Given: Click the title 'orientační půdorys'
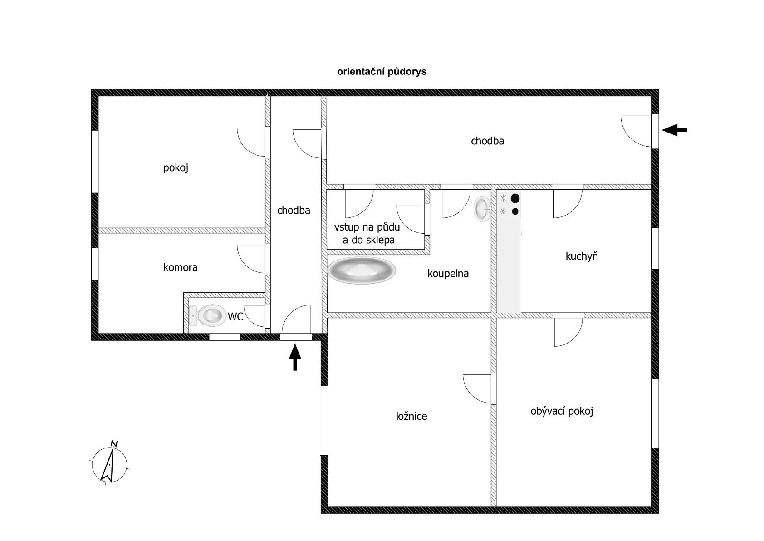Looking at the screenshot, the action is point(382,72).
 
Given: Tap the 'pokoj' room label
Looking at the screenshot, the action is point(176,168).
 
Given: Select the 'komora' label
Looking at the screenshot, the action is point(181,267).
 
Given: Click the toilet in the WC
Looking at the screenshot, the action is point(208,315).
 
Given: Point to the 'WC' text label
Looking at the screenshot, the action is point(235,316).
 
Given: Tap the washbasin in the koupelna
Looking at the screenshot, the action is point(482,209).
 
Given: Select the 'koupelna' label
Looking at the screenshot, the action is point(448,274).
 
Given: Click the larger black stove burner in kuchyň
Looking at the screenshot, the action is point(515,198).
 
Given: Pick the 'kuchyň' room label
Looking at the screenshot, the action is point(582,256).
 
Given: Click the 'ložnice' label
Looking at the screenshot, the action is point(411,416).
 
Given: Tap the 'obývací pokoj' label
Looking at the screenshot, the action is point(562,411).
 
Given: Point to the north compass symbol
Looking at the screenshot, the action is point(109,464).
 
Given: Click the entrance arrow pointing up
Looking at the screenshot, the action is point(295,357).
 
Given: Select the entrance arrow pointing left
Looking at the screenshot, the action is point(674,130).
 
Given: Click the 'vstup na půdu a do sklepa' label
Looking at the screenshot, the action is point(367,233).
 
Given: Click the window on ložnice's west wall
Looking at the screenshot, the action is point(323,421).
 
